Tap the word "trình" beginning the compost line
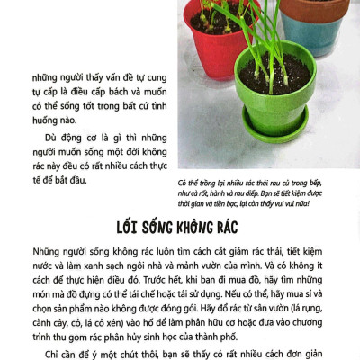click(44, 330)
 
